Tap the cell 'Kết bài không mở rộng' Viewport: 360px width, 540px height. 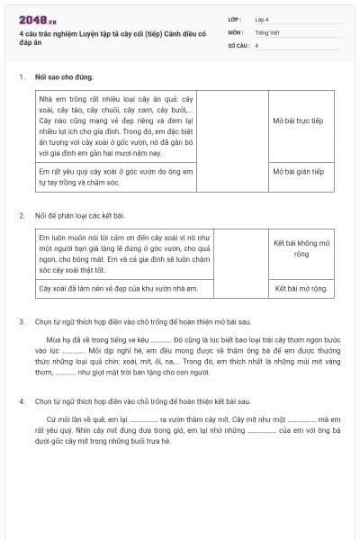301,248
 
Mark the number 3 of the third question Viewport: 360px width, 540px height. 21,321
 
